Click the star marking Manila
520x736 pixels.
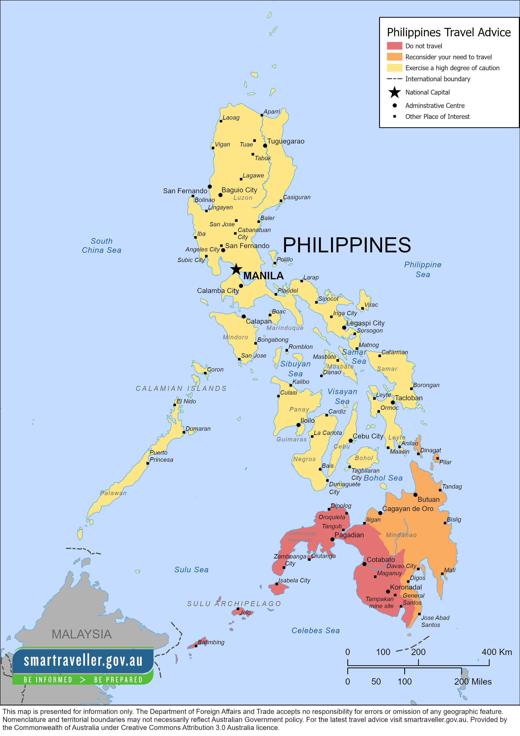(236, 269)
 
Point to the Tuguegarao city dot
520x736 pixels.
(265, 146)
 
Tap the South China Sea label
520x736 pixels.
(101, 245)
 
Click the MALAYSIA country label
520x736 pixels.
(82, 634)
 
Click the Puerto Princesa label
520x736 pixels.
(161, 456)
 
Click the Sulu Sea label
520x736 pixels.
(191, 570)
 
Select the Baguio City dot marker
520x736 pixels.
(220, 195)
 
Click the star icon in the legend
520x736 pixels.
(394, 92)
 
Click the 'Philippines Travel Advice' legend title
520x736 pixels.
(448, 32)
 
